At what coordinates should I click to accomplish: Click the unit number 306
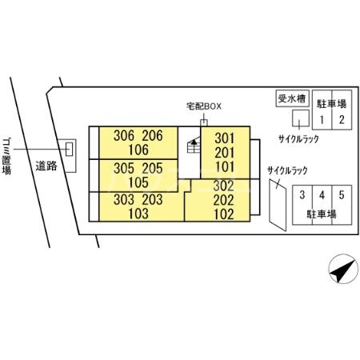click(x=124, y=136)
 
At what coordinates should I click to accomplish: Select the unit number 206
click(x=152, y=136)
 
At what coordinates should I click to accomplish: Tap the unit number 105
click(x=138, y=182)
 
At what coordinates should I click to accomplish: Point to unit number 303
click(x=124, y=200)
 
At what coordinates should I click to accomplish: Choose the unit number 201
click(x=225, y=153)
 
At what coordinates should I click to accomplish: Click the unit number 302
click(x=223, y=186)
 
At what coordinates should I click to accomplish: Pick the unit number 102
click(x=223, y=214)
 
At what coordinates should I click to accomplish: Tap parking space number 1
click(x=322, y=120)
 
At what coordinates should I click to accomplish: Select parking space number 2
click(x=342, y=120)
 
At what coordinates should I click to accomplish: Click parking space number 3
click(x=302, y=195)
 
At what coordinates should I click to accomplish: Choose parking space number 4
click(x=322, y=195)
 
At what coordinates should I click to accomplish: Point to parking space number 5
click(x=342, y=195)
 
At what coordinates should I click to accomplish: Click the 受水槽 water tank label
click(x=292, y=99)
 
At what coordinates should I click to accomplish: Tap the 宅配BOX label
click(x=204, y=106)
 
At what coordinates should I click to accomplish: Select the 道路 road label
click(x=46, y=166)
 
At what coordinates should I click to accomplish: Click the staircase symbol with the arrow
click(x=194, y=145)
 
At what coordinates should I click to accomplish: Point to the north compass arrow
click(x=343, y=269)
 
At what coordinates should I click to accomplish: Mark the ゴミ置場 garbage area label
click(x=6, y=156)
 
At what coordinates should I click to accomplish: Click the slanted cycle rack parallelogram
click(x=278, y=205)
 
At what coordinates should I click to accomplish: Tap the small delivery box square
click(x=204, y=122)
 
